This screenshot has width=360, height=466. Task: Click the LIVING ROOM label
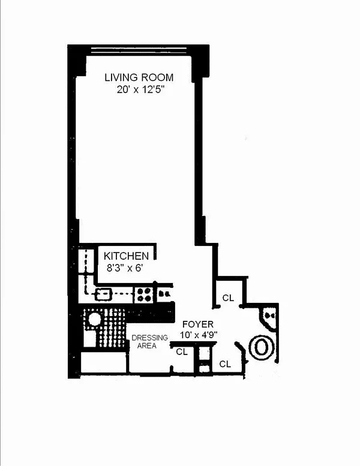coord(139,77)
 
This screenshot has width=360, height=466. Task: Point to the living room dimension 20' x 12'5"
coord(140,89)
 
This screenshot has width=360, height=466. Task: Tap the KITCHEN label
coord(126,256)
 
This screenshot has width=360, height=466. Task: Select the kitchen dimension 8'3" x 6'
coord(125,268)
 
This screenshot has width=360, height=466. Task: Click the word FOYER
coord(197,324)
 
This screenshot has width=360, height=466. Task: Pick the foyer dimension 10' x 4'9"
coord(199,335)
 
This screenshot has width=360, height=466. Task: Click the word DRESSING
coord(149,338)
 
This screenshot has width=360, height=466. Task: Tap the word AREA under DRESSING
coord(147,345)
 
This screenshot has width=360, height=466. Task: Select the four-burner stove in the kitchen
coord(144,294)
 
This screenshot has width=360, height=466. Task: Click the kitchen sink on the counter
coord(103,294)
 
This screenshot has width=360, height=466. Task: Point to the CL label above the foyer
coord(228,298)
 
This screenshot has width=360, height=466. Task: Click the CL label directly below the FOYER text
coord(182,352)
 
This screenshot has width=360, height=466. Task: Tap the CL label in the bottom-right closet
coord(225,364)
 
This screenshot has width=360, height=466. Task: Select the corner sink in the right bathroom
coord(268,318)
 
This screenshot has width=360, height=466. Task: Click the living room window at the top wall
coord(139,50)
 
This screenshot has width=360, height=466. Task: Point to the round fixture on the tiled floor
coord(95,320)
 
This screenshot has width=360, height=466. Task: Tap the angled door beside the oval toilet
coord(242,353)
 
